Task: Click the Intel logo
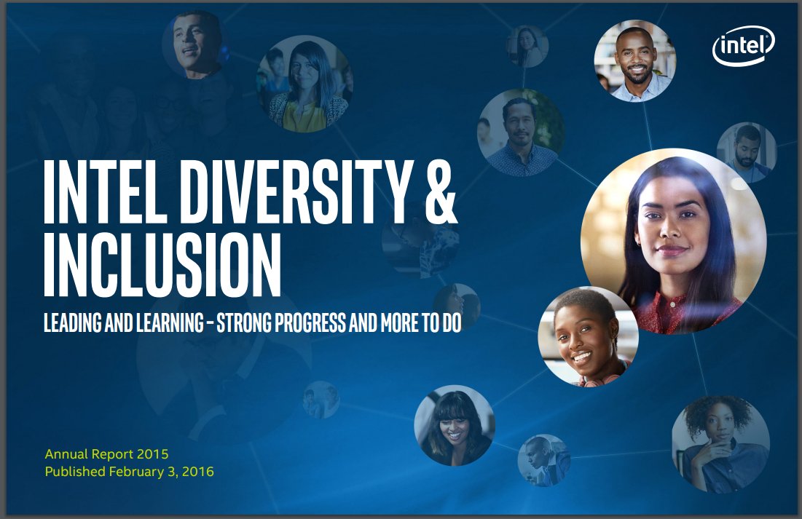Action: click(x=744, y=46)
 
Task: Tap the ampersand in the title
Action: click(x=441, y=191)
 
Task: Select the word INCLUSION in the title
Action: click(x=162, y=265)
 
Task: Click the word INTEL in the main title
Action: click(x=106, y=191)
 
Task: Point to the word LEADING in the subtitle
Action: click(x=73, y=322)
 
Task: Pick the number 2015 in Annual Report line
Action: click(x=152, y=454)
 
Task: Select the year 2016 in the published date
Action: click(x=197, y=472)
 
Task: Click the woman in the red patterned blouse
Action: click(x=674, y=241)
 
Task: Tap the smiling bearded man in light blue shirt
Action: click(x=634, y=61)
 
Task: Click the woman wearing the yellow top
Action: click(x=304, y=84)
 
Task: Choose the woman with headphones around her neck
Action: click(x=588, y=336)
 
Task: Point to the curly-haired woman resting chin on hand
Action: click(x=720, y=444)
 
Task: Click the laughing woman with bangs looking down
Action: click(x=455, y=425)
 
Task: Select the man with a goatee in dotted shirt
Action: click(x=522, y=132)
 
